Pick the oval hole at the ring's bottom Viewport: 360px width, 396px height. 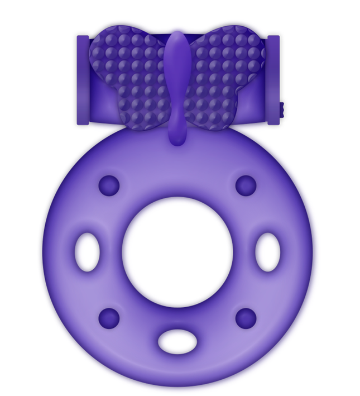pyautogui.click(x=177, y=340)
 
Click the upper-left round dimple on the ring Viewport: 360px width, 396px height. pyautogui.click(x=109, y=185)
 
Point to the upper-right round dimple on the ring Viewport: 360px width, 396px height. pyautogui.click(x=246, y=185)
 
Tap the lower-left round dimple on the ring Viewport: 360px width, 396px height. pyautogui.click(x=109, y=318)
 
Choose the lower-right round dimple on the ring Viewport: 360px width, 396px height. pyautogui.click(x=246, y=318)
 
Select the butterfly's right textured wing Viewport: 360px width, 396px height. pyautogui.click(x=226, y=61)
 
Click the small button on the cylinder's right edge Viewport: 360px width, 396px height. pyautogui.click(x=282, y=106)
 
